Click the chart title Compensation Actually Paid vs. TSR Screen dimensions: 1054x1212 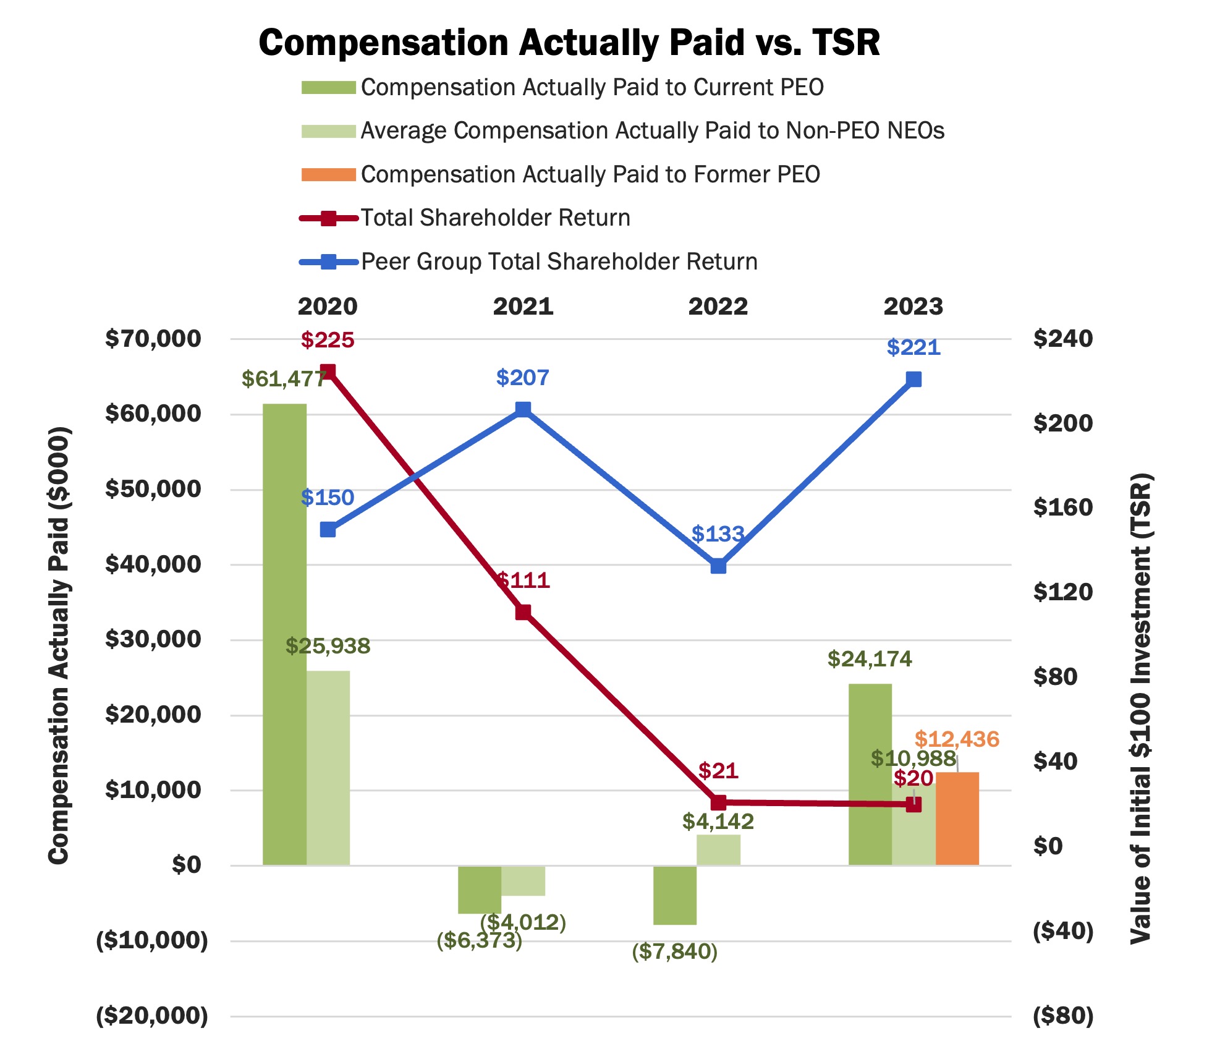[569, 43]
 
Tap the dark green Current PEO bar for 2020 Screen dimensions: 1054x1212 [284, 634]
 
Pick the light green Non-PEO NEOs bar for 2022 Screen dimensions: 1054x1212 [718, 849]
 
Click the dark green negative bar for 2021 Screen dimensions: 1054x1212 [479, 889]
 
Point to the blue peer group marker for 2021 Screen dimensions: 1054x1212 [523, 409]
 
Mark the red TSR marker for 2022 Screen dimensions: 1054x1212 [718, 802]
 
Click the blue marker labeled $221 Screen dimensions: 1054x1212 [913, 379]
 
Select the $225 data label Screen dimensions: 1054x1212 [328, 340]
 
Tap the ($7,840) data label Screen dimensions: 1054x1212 [674, 951]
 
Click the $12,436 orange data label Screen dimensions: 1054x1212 [957, 739]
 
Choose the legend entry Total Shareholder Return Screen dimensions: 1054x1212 [494, 218]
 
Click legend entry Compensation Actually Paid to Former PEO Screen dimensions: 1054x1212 [590, 174]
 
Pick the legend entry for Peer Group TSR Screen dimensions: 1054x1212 [559, 261]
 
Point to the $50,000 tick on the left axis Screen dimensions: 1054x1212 [153, 488]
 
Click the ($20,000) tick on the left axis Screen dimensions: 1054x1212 [152, 1016]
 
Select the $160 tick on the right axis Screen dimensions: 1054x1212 [1062, 507]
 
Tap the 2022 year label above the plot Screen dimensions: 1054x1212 [718, 307]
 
